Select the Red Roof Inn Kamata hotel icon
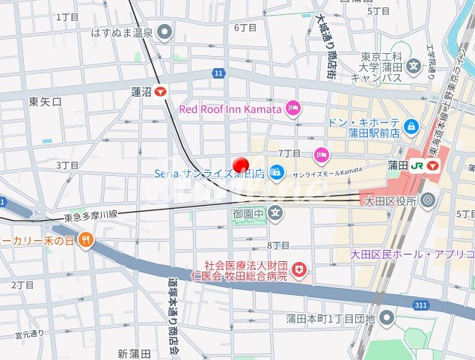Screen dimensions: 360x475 pos(294,109)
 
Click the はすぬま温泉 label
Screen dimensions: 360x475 pos(121,32)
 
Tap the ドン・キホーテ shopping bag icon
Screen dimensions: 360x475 pos(411,126)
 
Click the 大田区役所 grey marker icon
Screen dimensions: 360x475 pos(427,200)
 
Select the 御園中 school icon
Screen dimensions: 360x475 pos(276,214)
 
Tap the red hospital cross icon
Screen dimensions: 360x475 pos(299,269)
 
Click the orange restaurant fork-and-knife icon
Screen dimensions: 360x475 pos(87,241)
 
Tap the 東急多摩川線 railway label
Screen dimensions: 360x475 pos(91,217)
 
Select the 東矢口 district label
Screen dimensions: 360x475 pos(45,100)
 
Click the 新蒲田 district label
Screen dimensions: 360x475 pos(135,353)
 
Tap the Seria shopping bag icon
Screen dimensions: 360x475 pos(277,173)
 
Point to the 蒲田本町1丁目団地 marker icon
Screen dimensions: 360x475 pos(387,319)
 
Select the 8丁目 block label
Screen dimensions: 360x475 pos(278,245)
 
